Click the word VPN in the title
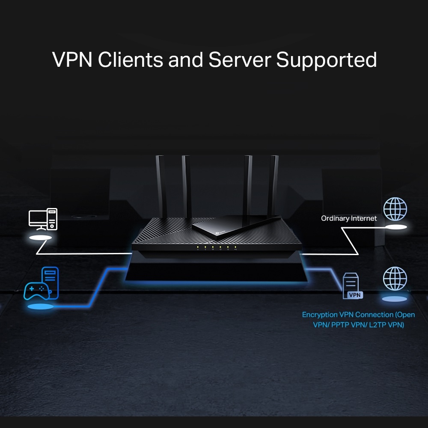pyautogui.click(x=72, y=60)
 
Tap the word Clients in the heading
pyautogui.click(x=131, y=60)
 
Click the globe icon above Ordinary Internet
pyautogui.click(x=395, y=209)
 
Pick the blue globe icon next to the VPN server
pyautogui.click(x=395, y=278)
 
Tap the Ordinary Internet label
pyautogui.click(x=349, y=218)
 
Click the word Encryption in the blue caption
pyautogui.click(x=320, y=315)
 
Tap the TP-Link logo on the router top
pyautogui.click(x=219, y=232)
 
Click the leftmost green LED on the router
pyautogui.click(x=198, y=247)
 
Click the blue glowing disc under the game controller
pyautogui.click(x=41, y=306)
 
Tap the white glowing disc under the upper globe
pyautogui.click(x=395, y=227)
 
